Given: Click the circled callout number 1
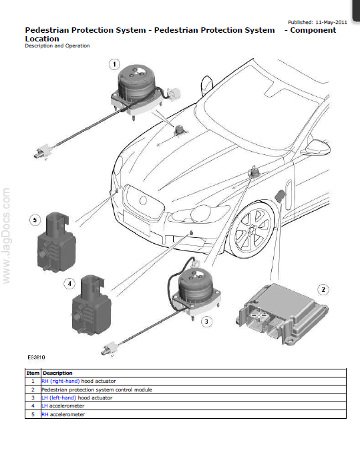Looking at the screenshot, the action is point(114,64).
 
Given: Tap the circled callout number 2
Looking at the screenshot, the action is point(323,289).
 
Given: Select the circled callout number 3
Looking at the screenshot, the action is point(206,321).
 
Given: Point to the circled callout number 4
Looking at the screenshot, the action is point(69,283).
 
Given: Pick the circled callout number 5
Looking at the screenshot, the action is point(35,220).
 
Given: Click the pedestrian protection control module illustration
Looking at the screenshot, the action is point(282,314).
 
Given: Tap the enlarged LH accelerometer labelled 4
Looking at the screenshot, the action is point(91,305).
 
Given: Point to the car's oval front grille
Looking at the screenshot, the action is point(144,201).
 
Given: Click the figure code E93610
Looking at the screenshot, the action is point(36,357).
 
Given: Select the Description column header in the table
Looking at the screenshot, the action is point(57,373).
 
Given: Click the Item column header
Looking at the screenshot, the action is point(33,373).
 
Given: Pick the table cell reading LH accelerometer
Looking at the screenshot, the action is point(63,406).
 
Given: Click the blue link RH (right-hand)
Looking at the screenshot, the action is point(61,381).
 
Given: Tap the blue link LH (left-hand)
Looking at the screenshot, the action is point(59,398).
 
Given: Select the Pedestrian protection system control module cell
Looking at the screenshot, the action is point(97,389).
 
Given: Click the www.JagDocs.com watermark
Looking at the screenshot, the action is point(6,236).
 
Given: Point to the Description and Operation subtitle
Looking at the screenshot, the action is point(57,45).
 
